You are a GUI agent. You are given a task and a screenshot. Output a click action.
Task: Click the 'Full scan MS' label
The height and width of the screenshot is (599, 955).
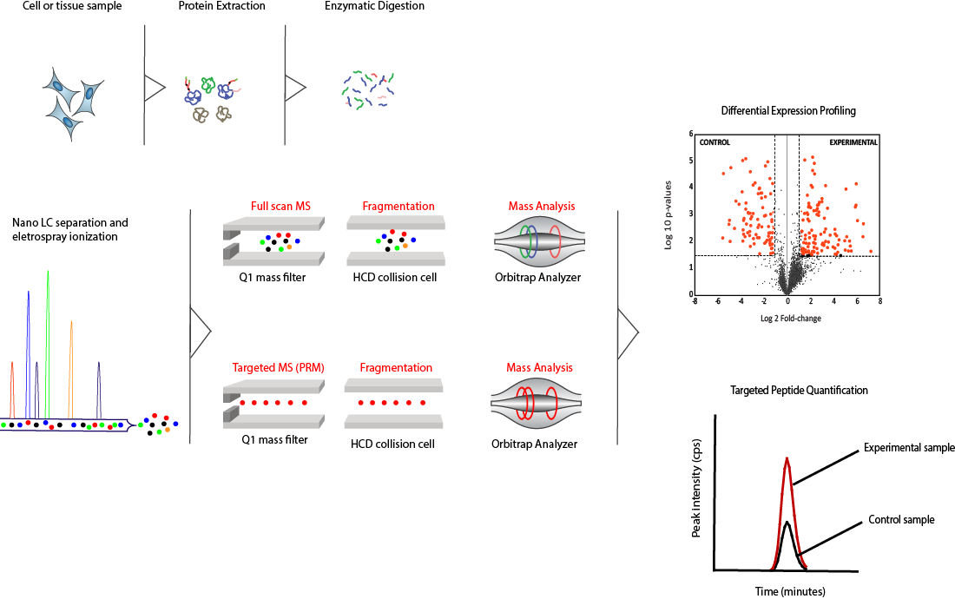click(280, 207)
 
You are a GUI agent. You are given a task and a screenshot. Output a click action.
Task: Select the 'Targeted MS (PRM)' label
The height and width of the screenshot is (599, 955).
click(278, 368)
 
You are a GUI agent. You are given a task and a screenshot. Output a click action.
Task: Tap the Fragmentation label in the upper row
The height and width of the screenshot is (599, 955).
click(398, 207)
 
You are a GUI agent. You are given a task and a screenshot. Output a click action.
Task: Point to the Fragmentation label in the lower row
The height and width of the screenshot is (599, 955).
click(396, 368)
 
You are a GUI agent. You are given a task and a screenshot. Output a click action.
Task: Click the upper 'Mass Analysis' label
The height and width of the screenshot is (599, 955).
click(541, 207)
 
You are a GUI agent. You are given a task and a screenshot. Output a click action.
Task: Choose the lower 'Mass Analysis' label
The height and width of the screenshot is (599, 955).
click(539, 368)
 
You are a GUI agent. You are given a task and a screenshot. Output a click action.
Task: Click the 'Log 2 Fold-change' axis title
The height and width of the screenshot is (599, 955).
click(790, 319)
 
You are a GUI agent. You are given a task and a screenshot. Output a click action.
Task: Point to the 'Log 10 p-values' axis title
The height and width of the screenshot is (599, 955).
click(668, 215)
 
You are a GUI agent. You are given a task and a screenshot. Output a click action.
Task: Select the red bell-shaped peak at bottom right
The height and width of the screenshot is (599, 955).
click(787, 512)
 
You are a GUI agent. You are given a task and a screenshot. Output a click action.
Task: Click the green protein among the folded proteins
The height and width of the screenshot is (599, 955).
click(207, 84)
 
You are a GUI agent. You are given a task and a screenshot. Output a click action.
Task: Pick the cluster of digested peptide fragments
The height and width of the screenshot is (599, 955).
click(369, 89)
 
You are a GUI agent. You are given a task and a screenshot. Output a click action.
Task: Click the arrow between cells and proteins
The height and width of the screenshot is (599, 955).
click(155, 88)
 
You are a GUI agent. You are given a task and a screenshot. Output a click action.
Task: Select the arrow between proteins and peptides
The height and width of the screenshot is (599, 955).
click(296, 88)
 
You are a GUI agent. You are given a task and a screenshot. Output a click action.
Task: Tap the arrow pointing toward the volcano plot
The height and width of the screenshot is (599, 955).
click(628, 332)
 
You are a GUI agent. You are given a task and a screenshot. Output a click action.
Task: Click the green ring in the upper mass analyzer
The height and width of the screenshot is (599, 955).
click(526, 240)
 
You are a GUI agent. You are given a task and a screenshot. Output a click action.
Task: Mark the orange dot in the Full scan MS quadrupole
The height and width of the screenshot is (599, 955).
click(289, 247)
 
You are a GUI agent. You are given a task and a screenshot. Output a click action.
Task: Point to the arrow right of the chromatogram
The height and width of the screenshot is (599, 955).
click(201, 331)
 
